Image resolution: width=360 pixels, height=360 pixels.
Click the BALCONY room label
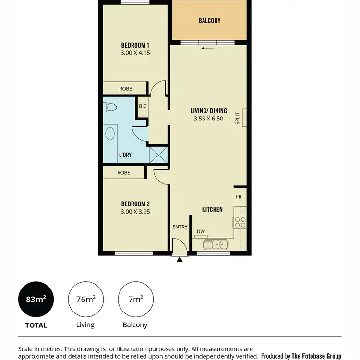click(209, 21)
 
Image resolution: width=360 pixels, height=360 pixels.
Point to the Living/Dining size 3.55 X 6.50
click(208, 119)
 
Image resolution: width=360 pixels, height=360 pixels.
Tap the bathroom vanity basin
click(110, 133)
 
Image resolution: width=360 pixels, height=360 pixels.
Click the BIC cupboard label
click(143, 106)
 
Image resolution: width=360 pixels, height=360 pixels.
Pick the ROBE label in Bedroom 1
click(126, 88)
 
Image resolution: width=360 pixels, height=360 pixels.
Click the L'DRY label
click(125, 155)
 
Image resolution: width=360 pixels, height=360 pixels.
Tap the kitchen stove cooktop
click(240, 222)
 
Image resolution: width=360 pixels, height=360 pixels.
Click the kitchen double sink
click(216, 244)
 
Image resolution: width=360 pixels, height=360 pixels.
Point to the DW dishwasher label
click(201, 232)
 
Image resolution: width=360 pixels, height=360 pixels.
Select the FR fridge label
click(239, 197)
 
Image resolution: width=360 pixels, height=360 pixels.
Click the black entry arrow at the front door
click(180, 259)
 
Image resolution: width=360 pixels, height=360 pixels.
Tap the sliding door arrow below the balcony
click(207, 48)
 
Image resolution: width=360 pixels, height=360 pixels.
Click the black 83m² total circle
click(36, 300)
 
